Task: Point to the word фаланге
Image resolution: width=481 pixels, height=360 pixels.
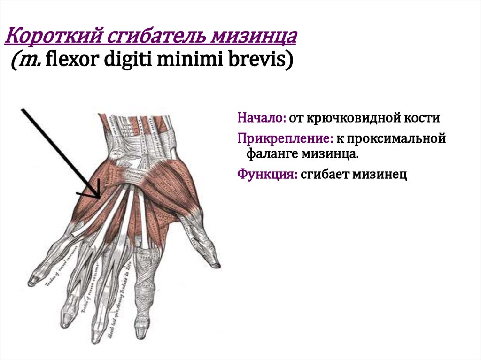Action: click(272, 153)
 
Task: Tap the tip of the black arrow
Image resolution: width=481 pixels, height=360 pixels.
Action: click(100, 198)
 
